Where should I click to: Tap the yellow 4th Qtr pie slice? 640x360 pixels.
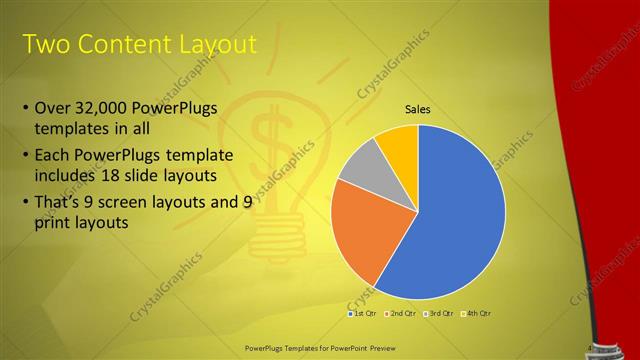point(398,146)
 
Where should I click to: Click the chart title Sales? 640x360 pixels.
point(417,109)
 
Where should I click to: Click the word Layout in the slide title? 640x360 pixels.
point(215,44)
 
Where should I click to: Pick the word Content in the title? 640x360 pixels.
point(120,44)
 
